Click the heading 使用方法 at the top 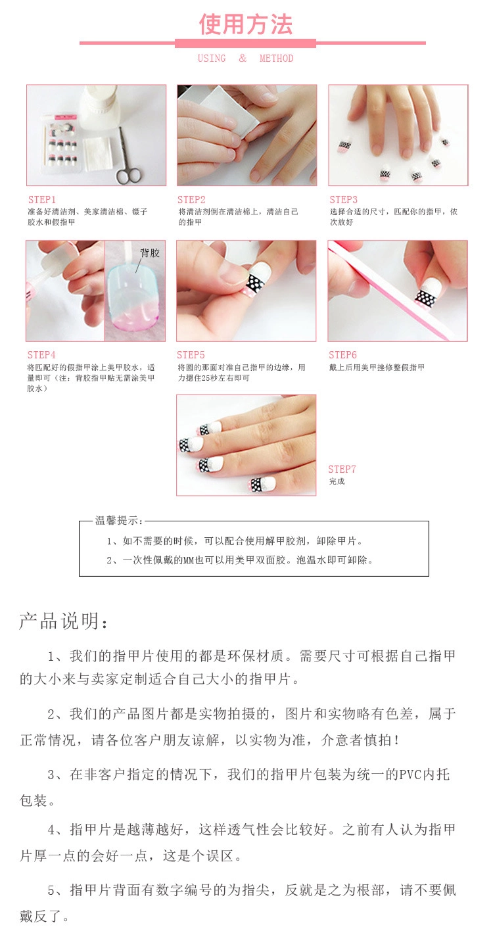(246, 24)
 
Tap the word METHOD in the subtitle (277, 59)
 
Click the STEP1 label (42, 199)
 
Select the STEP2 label (192, 199)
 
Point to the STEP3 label (343, 199)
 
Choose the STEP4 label (41, 355)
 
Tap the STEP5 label (191, 355)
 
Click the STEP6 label (342, 355)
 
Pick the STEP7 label (342, 469)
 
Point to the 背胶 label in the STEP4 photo (149, 252)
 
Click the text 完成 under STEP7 (337, 481)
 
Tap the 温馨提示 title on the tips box (119, 520)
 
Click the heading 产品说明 (63, 621)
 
